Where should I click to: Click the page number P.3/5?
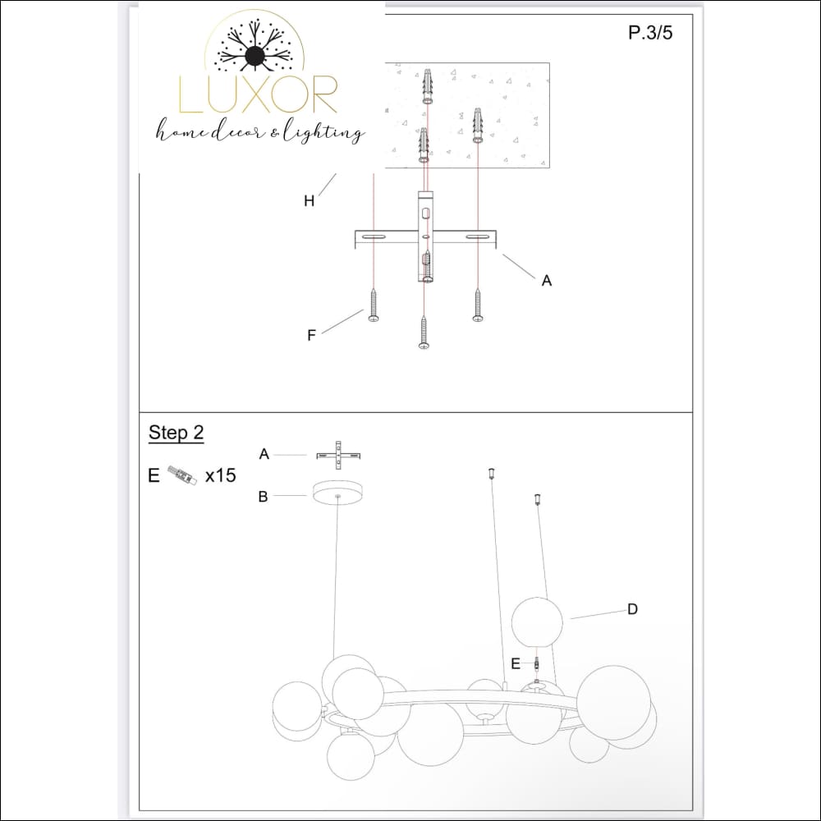(x=650, y=33)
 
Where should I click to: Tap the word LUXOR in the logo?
(x=258, y=94)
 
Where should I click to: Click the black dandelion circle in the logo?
(x=255, y=56)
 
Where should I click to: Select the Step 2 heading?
(x=176, y=433)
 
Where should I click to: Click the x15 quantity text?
(x=220, y=475)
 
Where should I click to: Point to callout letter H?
(x=309, y=200)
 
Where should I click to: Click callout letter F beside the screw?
(x=311, y=335)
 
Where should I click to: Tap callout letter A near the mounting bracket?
(x=546, y=281)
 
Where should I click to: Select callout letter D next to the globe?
(x=632, y=609)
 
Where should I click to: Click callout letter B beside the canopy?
(x=264, y=497)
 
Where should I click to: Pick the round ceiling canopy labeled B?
(x=337, y=493)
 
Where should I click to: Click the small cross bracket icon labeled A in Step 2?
(x=338, y=455)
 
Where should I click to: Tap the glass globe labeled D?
(x=537, y=622)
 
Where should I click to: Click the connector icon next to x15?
(x=182, y=476)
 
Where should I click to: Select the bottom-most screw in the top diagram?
(x=424, y=332)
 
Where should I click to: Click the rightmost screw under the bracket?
(x=478, y=305)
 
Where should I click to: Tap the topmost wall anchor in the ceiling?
(x=427, y=86)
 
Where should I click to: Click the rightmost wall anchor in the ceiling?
(x=478, y=125)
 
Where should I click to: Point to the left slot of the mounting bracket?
(x=373, y=237)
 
